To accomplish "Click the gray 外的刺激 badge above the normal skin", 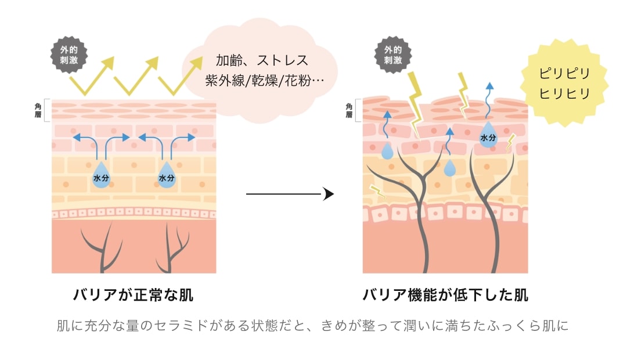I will click(69, 53).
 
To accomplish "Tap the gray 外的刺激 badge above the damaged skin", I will click(392, 54).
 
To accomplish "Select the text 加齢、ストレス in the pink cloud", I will click(262, 60).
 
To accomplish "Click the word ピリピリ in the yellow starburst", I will click(564, 74).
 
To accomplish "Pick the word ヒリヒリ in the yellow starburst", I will click(564, 93).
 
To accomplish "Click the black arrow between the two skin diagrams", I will click(290, 194).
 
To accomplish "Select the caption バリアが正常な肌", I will click(133, 295).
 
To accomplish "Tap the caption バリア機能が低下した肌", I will click(445, 295).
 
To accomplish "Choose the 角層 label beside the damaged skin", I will click(349, 110).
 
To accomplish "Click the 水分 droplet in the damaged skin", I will click(488, 137).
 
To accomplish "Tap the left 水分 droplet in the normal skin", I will click(101, 177).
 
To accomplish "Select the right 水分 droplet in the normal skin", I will click(167, 177).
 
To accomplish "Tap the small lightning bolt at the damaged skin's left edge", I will click(376, 190).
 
